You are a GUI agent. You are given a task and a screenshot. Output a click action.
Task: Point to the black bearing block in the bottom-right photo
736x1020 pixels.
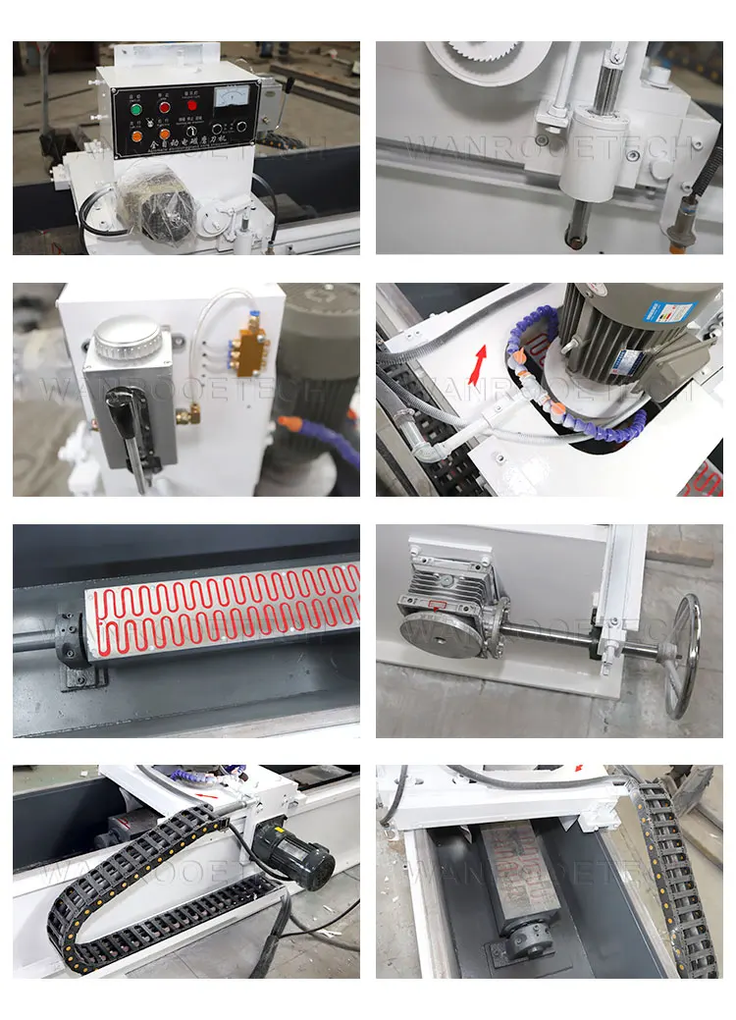[514, 942]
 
